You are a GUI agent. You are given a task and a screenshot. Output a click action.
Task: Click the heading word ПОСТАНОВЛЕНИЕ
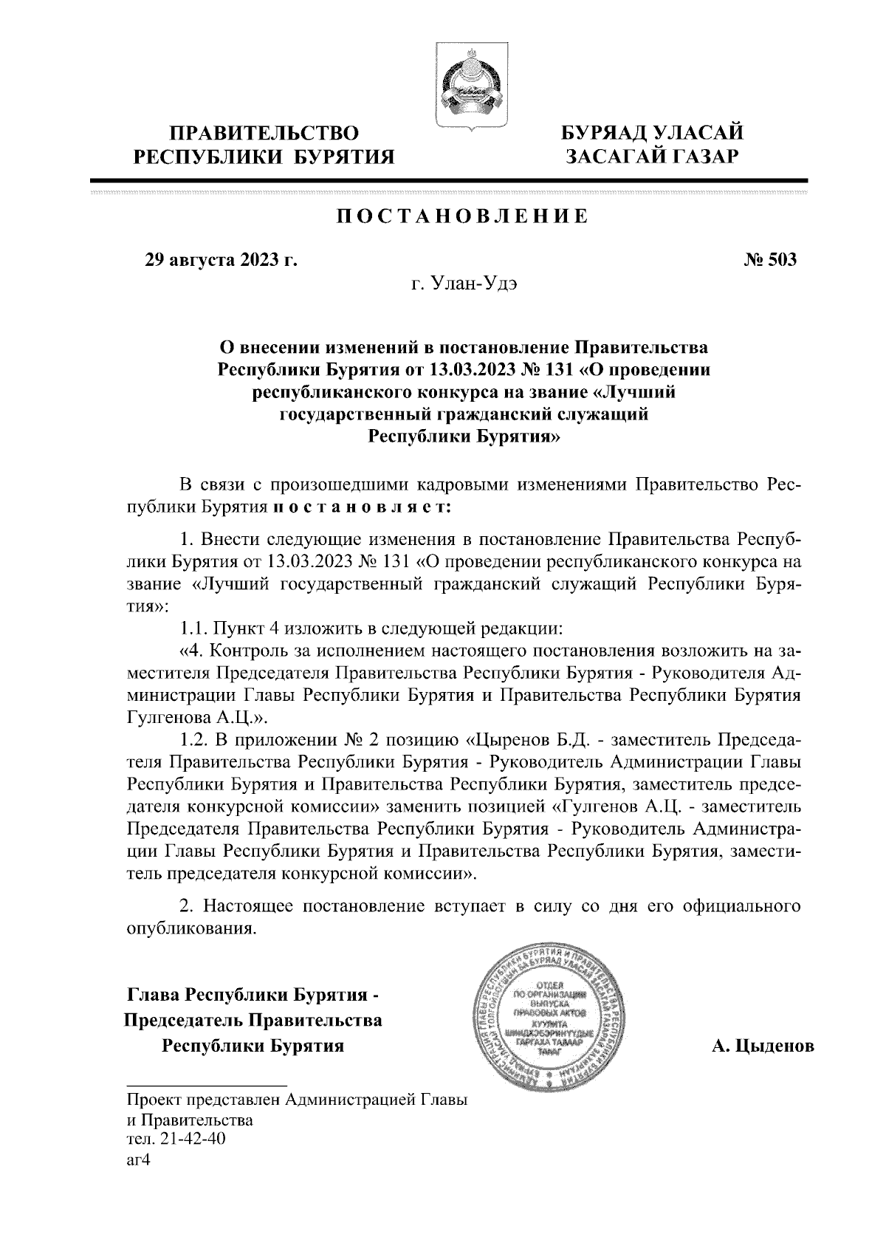(x=463, y=216)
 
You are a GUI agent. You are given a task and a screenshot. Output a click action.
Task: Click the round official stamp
(x=551, y=1025)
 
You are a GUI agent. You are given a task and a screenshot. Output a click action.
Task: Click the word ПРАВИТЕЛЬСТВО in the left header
(x=264, y=134)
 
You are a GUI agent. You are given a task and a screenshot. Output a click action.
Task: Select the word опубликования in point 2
(x=191, y=928)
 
